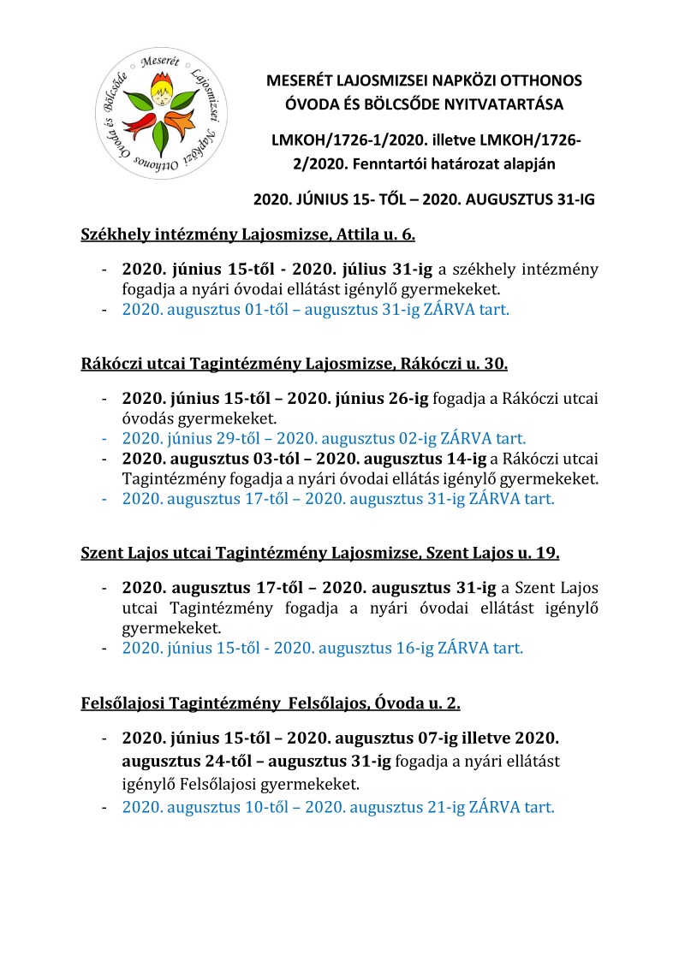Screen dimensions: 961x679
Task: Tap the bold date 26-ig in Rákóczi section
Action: (404, 400)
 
